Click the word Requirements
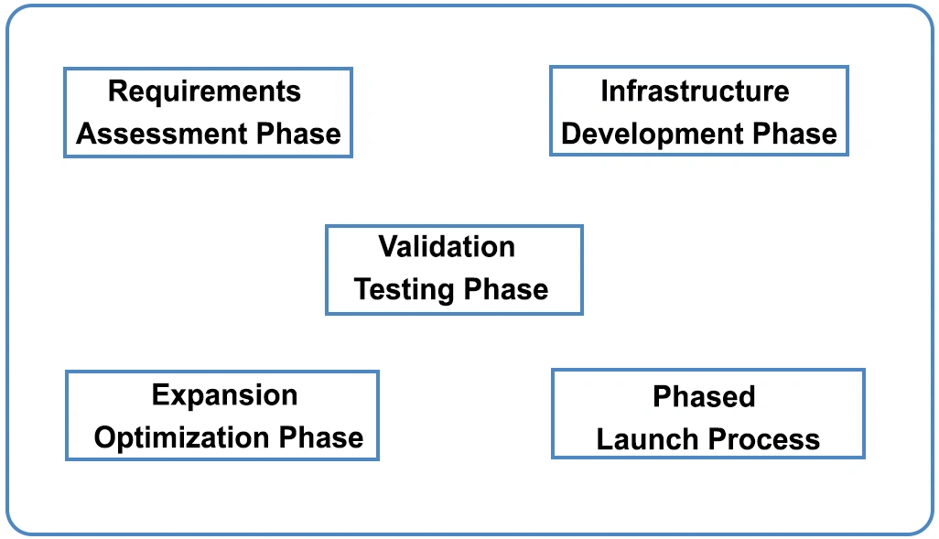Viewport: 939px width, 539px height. [x=204, y=92]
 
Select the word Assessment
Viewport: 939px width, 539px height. [x=162, y=134]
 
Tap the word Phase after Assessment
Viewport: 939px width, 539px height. [x=298, y=134]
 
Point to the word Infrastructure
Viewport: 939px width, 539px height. [x=695, y=92]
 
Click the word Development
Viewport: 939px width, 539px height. [x=653, y=134]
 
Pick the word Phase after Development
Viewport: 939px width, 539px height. [x=794, y=134]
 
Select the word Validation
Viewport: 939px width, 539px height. [x=447, y=247]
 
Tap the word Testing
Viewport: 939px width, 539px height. [x=405, y=290]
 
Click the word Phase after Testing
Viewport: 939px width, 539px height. [x=506, y=290]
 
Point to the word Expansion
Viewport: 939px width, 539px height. [x=224, y=395]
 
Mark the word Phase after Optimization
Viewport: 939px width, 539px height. [x=321, y=437]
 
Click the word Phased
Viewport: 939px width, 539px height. [x=704, y=396]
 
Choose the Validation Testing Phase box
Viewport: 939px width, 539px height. [x=454, y=269]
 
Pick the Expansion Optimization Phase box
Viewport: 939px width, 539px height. [x=221, y=416]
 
